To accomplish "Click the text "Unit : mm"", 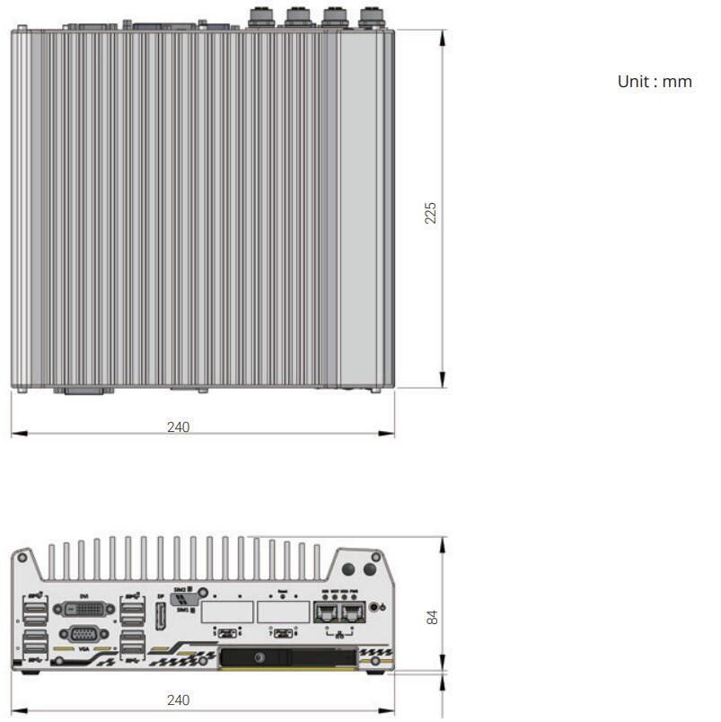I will pyautogui.click(x=655, y=82).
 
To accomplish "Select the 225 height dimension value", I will pyautogui.click(x=431, y=213).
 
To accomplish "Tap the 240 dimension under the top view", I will pyautogui.click(x=178, y=427).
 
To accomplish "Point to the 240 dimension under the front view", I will pyautogui.click(x=178, y=700).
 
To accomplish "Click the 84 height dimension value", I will pyautogui.click(x=432, y=618).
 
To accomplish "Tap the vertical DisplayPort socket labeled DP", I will pyautogui.click(x=161, y=617).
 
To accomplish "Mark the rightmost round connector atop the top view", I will pyautogui.click(x=369, y=15).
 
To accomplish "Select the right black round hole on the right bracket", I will pyautogui.click(x=370, y=569).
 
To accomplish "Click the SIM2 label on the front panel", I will pyautogui.click(x=180, y=589).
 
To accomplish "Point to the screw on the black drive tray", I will pyautogui.click(x=260, y=658).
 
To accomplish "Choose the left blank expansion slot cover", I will pyautogui.click(x=228, y=612).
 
